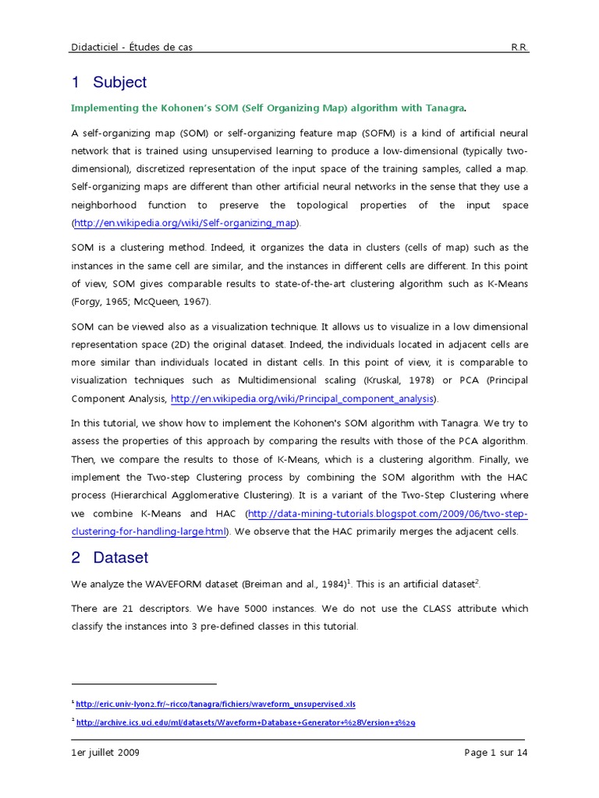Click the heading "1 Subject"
coord(108,83)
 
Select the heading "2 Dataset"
coord(109,558)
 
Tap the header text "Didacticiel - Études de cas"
coord(131,48)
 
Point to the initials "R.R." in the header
coord(519,48)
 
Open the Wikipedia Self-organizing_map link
coord(186,224)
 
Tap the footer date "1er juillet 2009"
coord(105,753)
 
